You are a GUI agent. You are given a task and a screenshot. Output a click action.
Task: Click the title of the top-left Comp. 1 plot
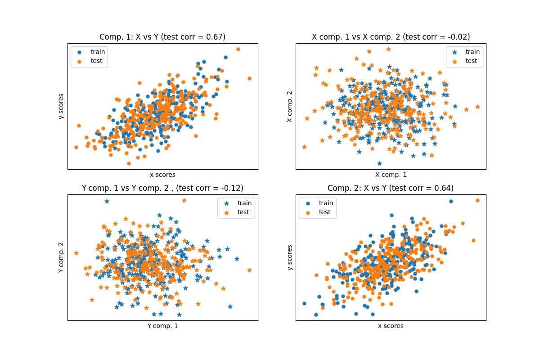coord(162,37)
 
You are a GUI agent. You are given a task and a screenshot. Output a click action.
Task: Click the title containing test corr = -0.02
coord(391,37)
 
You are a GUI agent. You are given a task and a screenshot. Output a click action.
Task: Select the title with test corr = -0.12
coord(162,188)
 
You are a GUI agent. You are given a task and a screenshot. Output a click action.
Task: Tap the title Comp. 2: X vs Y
coord(391,188)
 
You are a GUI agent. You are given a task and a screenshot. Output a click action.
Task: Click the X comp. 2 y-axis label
coord(290,107)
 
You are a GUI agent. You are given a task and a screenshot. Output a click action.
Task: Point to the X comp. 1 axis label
coord(391,175)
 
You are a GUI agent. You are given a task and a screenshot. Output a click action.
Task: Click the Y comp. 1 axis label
coord(162,326)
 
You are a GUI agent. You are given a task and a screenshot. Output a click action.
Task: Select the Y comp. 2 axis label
coord(62,257)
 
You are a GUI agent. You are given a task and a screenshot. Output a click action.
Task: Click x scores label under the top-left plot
coord(162,175)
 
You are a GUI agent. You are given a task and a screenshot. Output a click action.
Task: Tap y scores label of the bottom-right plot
coord(290,257)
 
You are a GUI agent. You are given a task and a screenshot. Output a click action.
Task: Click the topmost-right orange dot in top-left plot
coord(238,49)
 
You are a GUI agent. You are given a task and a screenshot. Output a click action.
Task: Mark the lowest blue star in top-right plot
coord(379,163)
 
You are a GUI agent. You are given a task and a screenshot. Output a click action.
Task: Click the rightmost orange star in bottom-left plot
coord(249,270)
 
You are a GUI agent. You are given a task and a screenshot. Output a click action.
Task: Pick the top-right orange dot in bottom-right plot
coord(477,200)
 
